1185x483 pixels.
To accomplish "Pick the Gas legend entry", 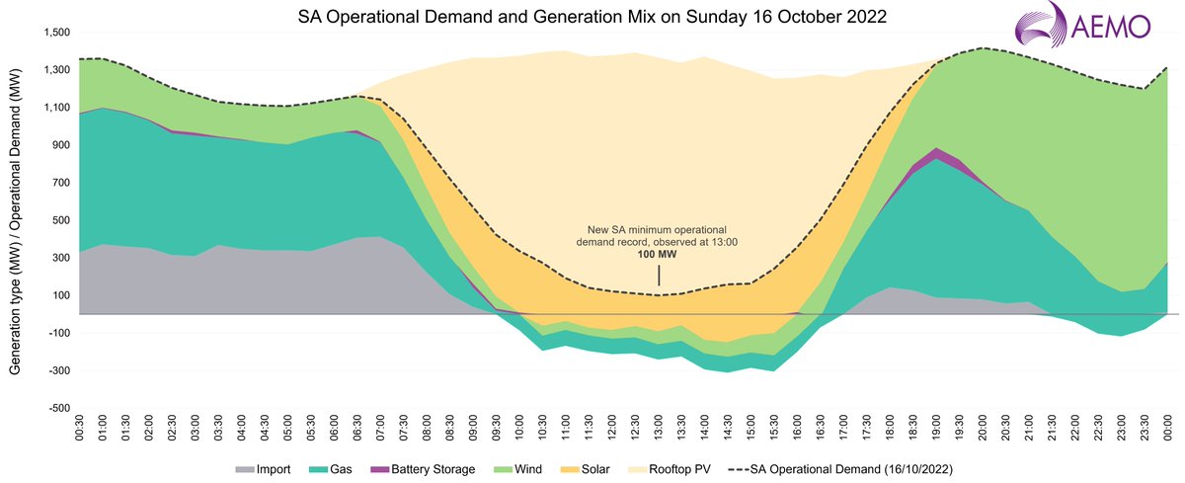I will [333, 468].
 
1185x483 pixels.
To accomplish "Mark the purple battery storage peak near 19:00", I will [936, 151].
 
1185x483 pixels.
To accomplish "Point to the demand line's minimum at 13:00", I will [658, 294].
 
